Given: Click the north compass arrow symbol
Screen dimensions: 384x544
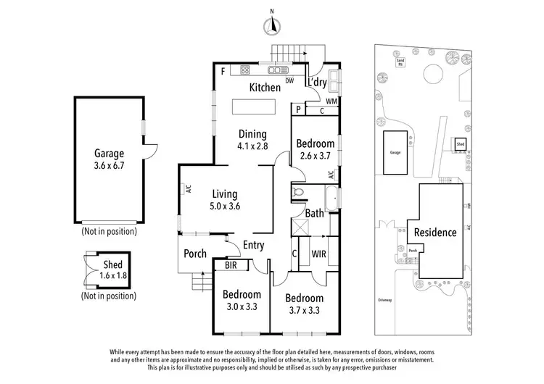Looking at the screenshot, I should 273,25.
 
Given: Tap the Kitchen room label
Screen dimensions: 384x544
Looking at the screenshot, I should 265,88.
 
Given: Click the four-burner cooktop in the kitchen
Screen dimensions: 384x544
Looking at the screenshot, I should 244,70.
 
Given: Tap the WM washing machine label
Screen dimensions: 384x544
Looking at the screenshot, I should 331,101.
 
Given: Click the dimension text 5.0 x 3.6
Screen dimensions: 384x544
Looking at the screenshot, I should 226,206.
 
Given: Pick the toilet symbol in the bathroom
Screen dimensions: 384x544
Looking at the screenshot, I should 297,193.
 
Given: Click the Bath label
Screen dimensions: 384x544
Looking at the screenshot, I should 314,213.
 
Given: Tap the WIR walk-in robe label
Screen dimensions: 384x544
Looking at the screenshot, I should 318,255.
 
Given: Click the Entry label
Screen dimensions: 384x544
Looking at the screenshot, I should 254,245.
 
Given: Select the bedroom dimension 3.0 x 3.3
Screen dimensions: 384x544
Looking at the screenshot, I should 242,307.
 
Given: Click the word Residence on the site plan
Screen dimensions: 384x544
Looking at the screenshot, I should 435,233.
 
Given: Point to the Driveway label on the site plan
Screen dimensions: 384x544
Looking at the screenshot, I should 385,299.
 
